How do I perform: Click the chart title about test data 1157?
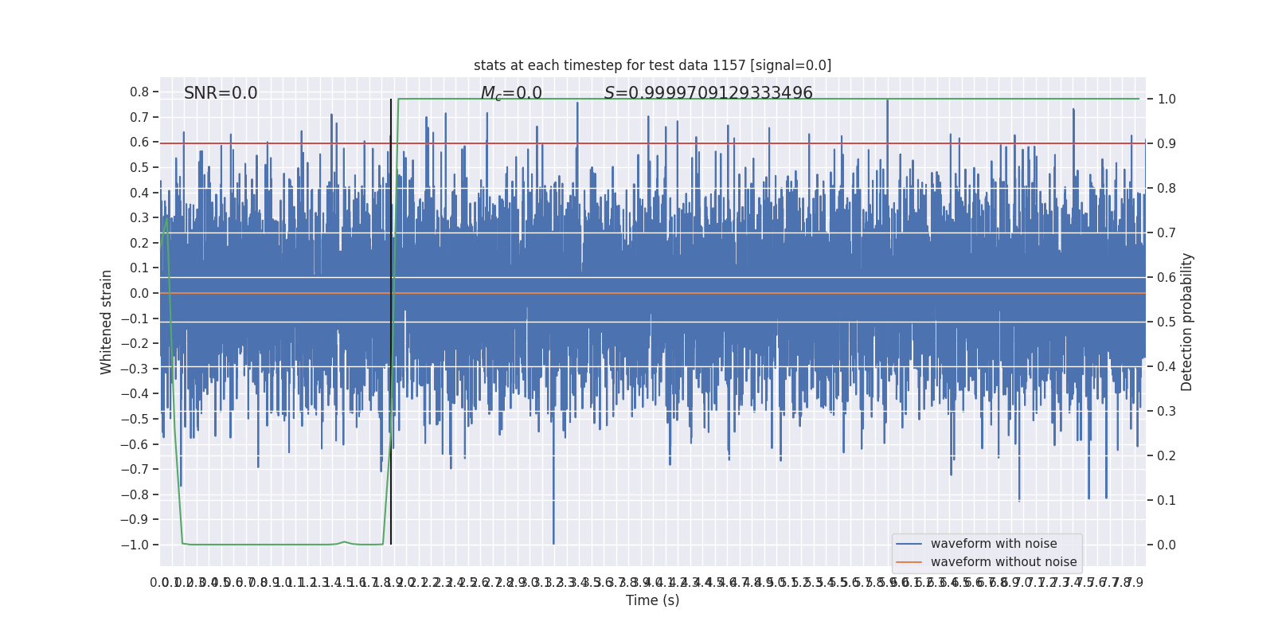[652, 65]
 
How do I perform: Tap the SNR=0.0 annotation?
[221, 93]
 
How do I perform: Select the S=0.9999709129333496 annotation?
[708, 93]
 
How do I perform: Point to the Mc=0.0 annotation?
[511, 94]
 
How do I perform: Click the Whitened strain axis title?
[107, 322]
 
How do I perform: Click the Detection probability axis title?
[1187, 322]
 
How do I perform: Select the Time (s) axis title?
[652, 600]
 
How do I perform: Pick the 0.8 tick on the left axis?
[139, 92]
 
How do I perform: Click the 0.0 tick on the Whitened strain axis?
[139, 293]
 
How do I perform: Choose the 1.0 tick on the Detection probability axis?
[1167, 100]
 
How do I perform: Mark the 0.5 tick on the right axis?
[1167, 322]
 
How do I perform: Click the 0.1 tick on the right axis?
[1167, 501]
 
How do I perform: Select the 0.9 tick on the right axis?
[1167, 144]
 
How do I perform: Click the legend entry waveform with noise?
[994, 544]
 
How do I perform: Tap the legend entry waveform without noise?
[1003, 562]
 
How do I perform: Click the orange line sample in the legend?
[909, 562]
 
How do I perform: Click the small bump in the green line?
[344, 542]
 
